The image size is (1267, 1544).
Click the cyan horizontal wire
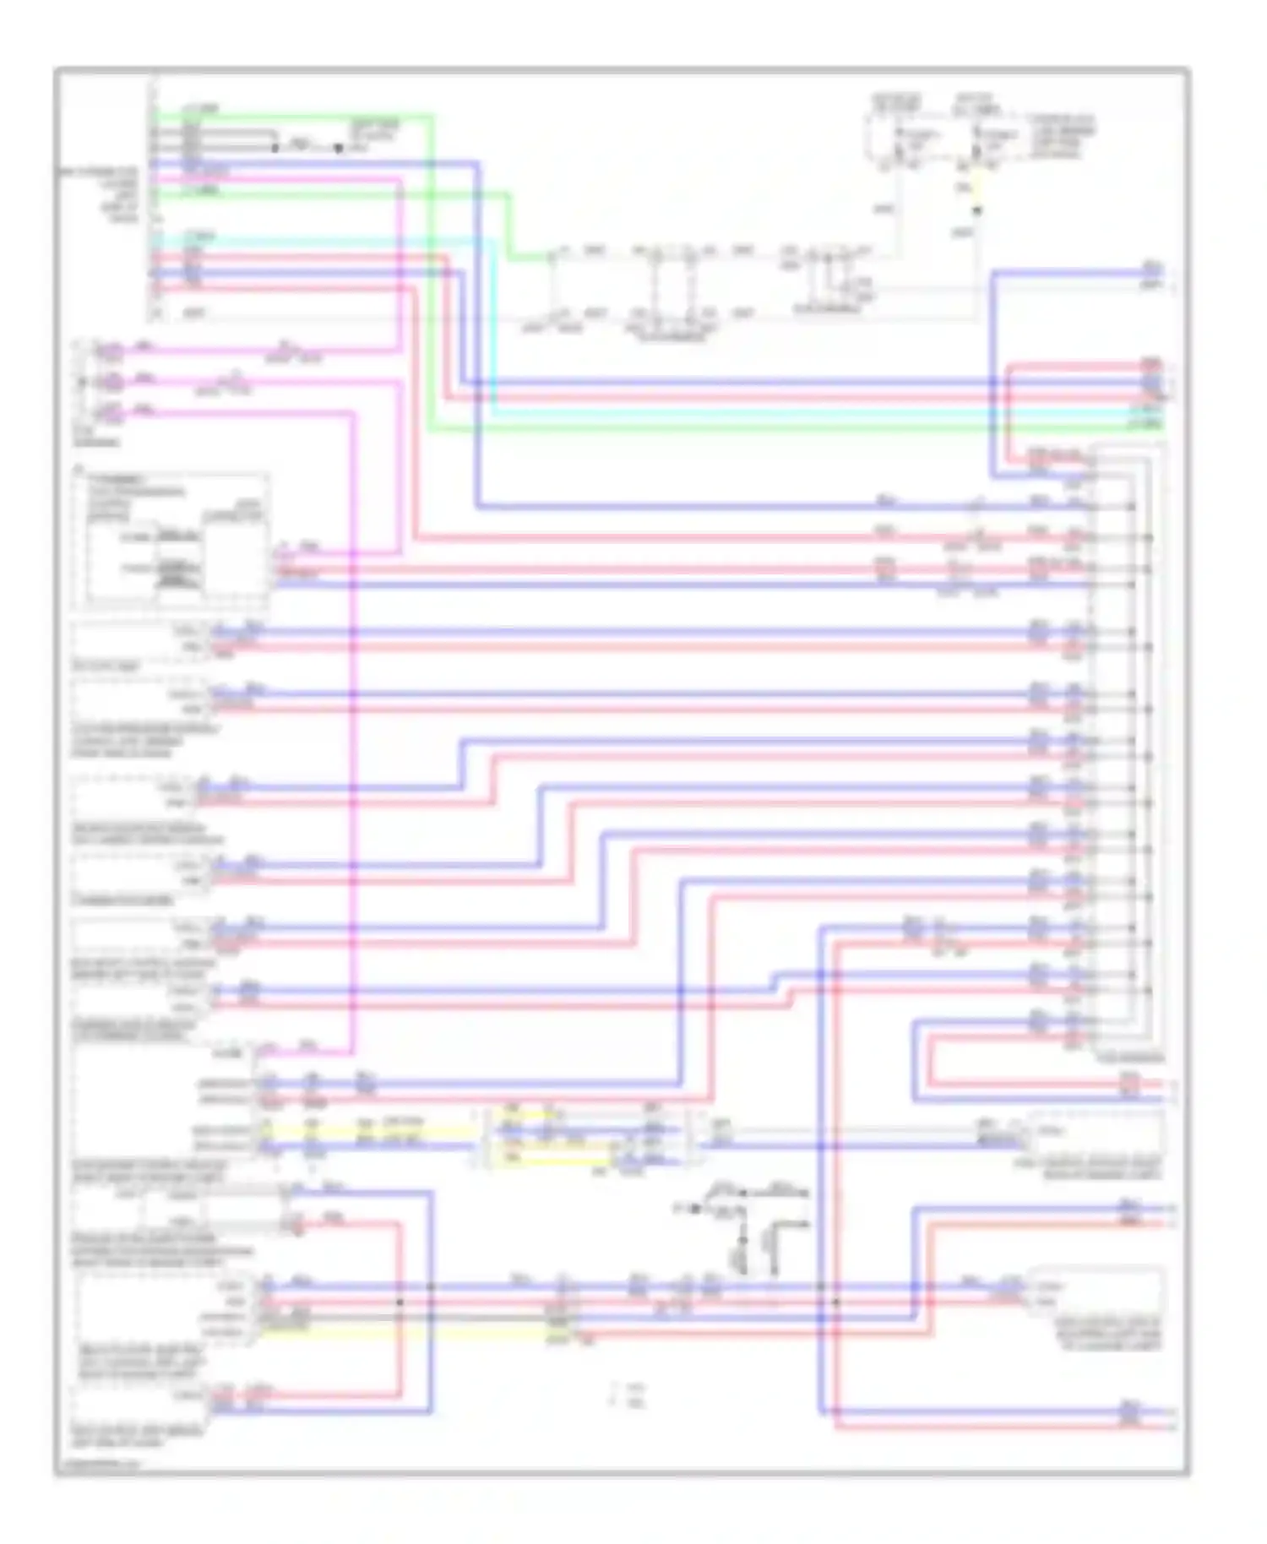click(x=760, y=414)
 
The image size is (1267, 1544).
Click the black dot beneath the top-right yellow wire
click(x=977, y=210)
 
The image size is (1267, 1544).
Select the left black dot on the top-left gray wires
click(x=275, y=148)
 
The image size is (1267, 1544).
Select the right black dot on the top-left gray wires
click(x=338, y=148)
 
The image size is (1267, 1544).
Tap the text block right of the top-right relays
click(x=1063, y=137)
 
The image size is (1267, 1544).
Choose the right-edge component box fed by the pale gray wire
click(x=1096, y=1136)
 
